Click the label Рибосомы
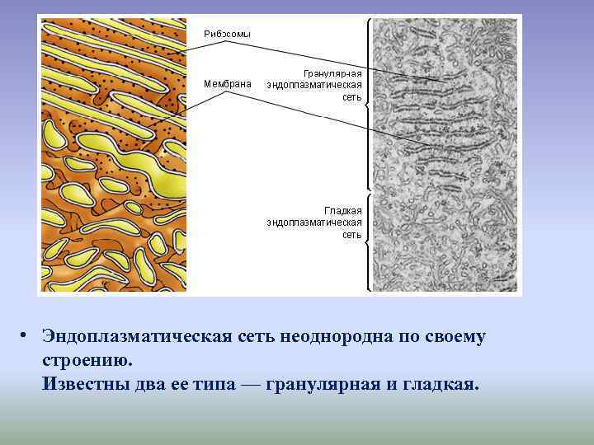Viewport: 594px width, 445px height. point(227,34)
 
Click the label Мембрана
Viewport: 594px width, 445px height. point(227,83)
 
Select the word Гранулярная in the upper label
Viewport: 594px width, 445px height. point(332,73)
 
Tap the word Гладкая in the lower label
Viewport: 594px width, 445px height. point(342,210)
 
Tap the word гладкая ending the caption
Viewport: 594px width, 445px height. point(442,384)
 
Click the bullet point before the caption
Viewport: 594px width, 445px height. point(26,336)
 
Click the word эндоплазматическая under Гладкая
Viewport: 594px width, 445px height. point(314,222)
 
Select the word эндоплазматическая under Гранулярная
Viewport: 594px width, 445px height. point(314,85)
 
